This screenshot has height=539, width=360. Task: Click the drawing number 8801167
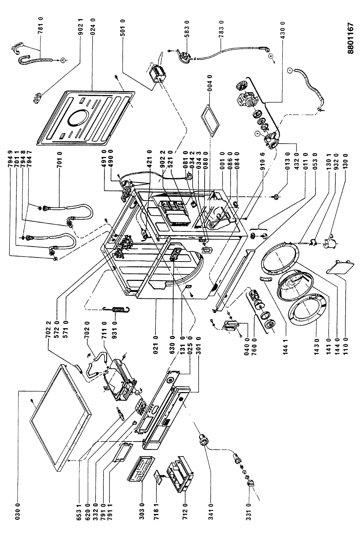[x=351, y=39]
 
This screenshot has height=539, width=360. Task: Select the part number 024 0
[x=93, y=27]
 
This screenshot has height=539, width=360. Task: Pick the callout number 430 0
[x=282, y=30]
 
